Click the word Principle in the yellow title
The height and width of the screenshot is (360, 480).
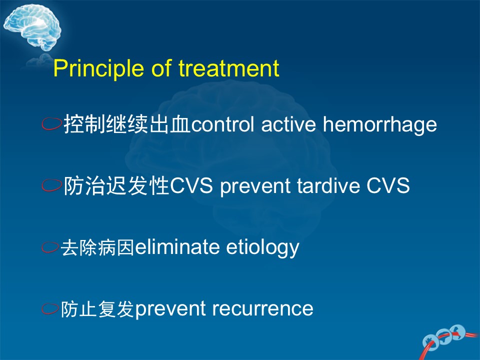click(98, 68)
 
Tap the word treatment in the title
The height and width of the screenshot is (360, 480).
click(229, 68)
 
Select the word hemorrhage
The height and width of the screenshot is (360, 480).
click(380, 125)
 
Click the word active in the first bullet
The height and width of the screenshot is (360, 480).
click(288, 124)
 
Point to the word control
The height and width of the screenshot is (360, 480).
click(222, 124)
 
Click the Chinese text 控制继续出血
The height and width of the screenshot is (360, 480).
click(127, 124)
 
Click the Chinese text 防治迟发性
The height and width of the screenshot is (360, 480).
click(116, 185)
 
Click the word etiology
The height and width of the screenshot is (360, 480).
click(262, 247)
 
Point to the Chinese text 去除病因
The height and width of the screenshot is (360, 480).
click(97, 247)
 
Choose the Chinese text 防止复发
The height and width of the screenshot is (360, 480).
click(97, 308)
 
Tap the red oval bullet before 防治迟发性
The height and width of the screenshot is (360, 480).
click(51, 185)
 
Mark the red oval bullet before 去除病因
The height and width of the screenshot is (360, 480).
click(50, 247)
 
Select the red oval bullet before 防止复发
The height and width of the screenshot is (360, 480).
click(50, 308)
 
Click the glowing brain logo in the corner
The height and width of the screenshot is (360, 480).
click(32, 27)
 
